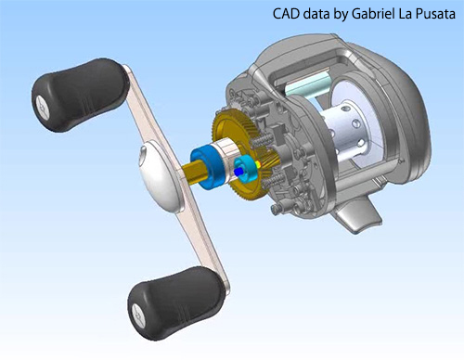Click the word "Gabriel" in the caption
coord(374,14)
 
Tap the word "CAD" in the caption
coord(286,14)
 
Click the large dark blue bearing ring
coord(206,167)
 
